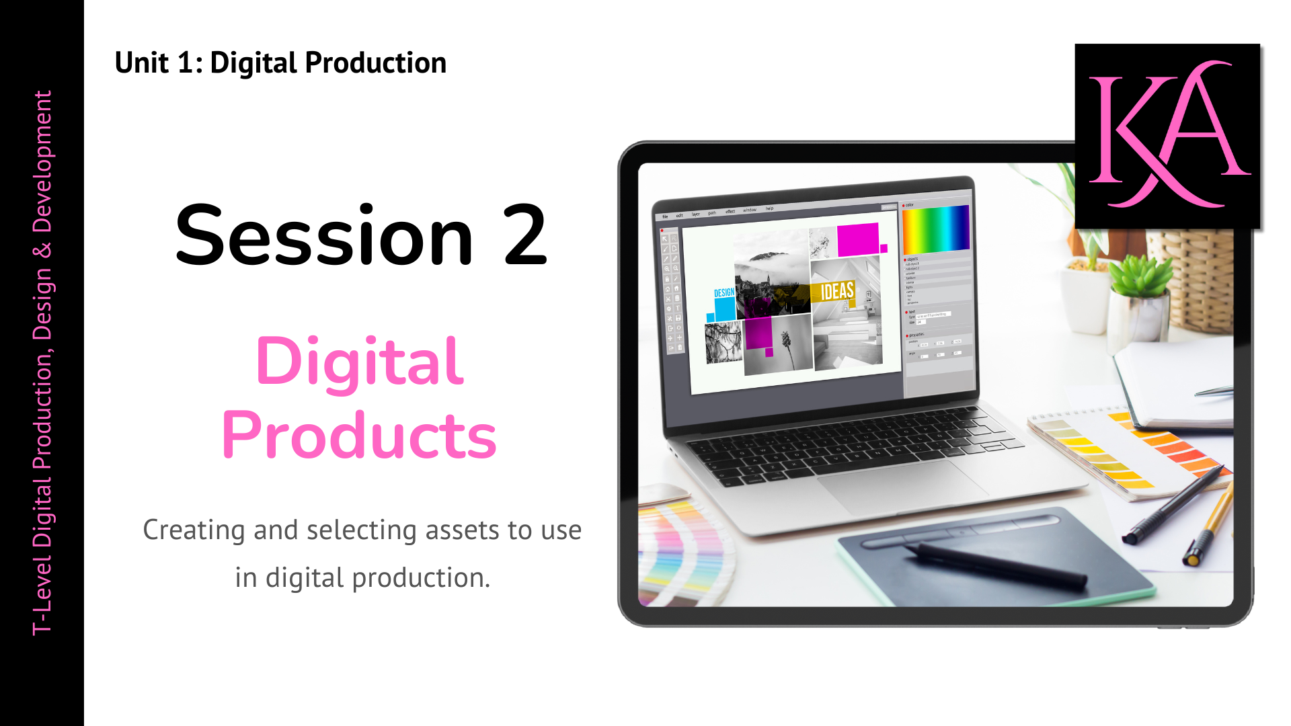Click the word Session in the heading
324,236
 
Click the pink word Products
359,436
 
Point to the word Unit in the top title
141,63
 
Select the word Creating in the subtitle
194,530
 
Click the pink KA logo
1167,135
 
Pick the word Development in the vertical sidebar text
42,161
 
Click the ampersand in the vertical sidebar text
42,250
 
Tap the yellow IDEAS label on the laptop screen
836,291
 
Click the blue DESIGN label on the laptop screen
723,293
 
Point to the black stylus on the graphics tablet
995,565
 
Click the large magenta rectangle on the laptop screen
857,239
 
